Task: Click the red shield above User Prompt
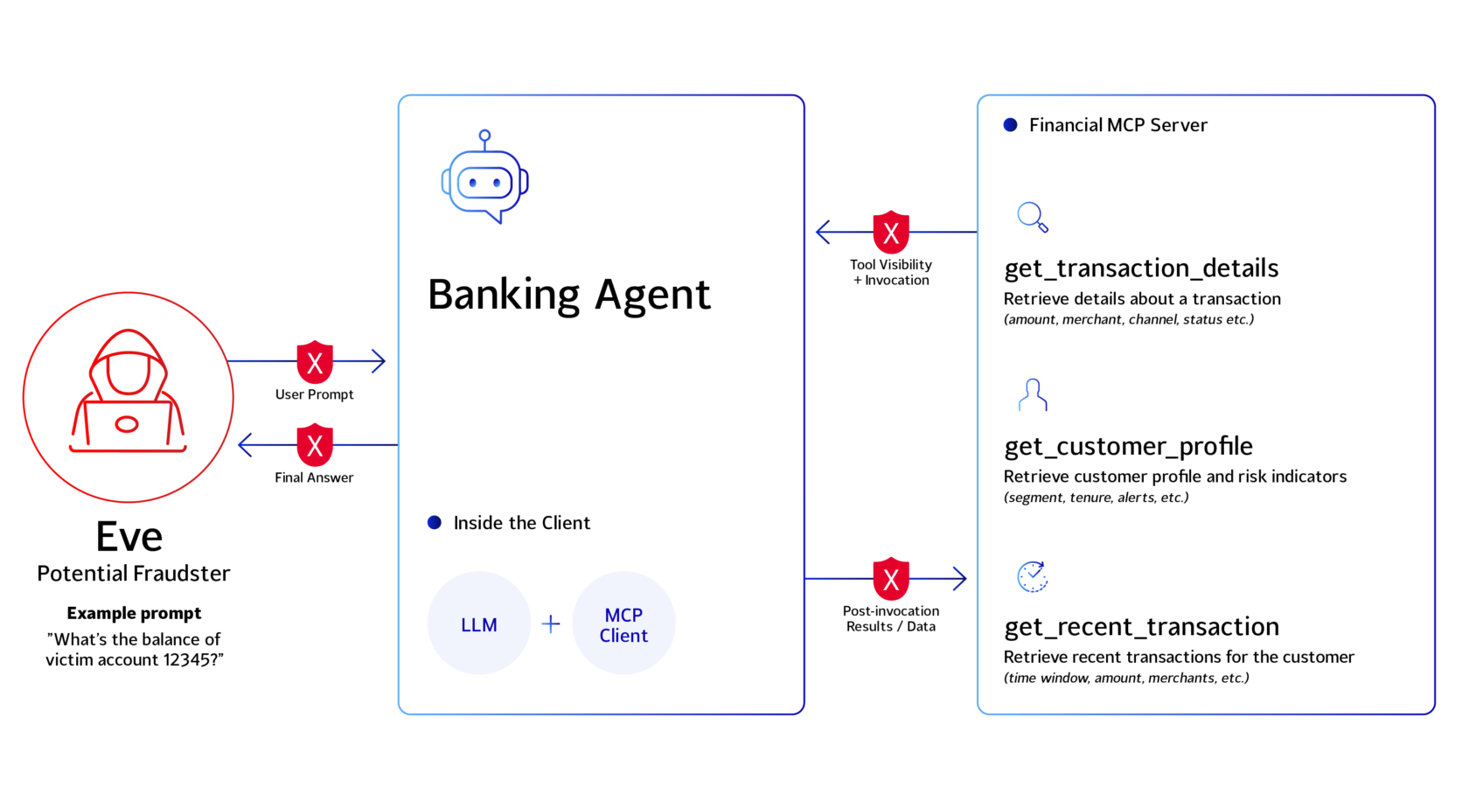pyautogui.click(x=315, y=361)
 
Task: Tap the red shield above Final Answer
pyautogui.click(x=315, y=445)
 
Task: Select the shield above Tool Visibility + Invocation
pyautogui.click(x=890, y=233)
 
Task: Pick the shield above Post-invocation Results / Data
pyautogui.click(x=890, y=579)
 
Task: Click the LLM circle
pyautogui.click(x=479, y=623)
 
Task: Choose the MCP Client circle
pyautogui.click(x=623, y=623)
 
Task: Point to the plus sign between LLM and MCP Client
pyautogui.click(x=551, y=623)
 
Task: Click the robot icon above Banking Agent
pyautogui.click(x=484, y=177)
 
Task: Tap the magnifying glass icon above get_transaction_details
pyautogui.click(x=1032, y=217)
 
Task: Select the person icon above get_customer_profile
pyautogui.click(x=1033, y=395)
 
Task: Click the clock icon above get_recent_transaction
pyautogui.click(x=1032, y=576)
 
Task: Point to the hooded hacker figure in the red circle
pyautogui.click(x=128, y=391)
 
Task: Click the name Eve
pyautogui.click(x=129, y=537)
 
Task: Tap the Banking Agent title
pyautogui.click(x=568, y=295)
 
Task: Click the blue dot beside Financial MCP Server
pyautogui.click(x=1011, y=125)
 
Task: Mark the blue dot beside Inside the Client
pyautogui.click(x=434, y=522)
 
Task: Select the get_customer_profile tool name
pyautogui.click(x=1128, y=446)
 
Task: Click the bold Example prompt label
pyautogui.click(x=134, y=613)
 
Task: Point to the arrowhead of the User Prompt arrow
pyautogui.click(x=379, y=361)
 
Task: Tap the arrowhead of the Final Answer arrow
pyautogui.click(x=245, y=445)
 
